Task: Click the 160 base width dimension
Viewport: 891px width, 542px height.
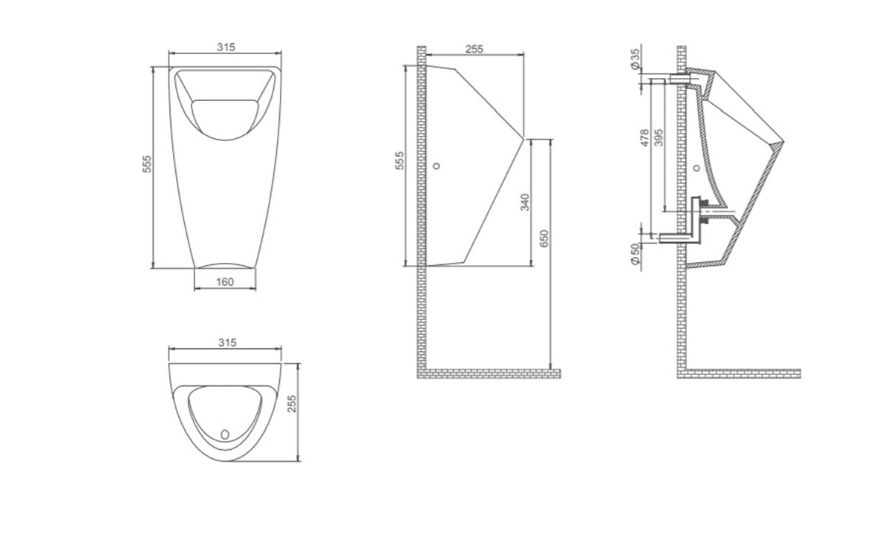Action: (x=225, y=282)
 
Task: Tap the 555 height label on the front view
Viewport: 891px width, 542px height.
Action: (x=147, y=163)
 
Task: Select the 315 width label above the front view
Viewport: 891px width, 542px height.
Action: (x=226, y=48)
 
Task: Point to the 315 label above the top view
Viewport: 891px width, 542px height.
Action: (x=227, y=342)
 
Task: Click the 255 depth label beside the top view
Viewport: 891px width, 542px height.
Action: (x=292, y=403)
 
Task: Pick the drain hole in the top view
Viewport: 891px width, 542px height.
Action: (x=225, y=434)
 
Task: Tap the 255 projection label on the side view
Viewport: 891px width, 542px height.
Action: (x=474, y=49)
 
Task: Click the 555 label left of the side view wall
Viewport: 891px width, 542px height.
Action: (x=399, y=160)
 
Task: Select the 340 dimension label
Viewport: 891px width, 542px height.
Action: (x=525, y=202)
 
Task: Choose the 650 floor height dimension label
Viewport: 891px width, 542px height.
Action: (x=544, y=238)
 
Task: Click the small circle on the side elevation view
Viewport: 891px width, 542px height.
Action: (x=437, y=166)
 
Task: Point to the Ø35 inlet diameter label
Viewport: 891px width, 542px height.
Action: (x=636, y=59)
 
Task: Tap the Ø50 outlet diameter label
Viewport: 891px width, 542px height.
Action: (x=636, y=254)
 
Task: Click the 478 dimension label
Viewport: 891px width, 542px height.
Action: (x=644, y=137)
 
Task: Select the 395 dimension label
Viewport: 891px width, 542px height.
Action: (x=659, y=137)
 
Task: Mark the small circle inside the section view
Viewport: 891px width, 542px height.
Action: (x=696, y=169)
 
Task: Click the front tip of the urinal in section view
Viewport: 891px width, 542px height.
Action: (x=783, y=142)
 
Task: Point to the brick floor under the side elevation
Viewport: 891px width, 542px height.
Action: (x=489, y=373)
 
